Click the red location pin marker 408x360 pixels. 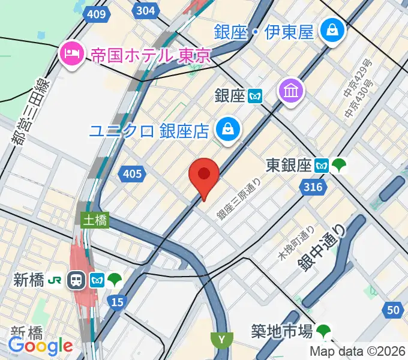click(x=204, y=176)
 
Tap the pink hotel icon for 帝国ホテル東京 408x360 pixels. click(x=71, y=55)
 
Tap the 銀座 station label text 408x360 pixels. click(x=230, y=95)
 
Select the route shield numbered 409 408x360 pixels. click(x=96, y=14)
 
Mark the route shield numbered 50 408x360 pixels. click(x=394, y=309)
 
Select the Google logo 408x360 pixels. click(x=40, y=345)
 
